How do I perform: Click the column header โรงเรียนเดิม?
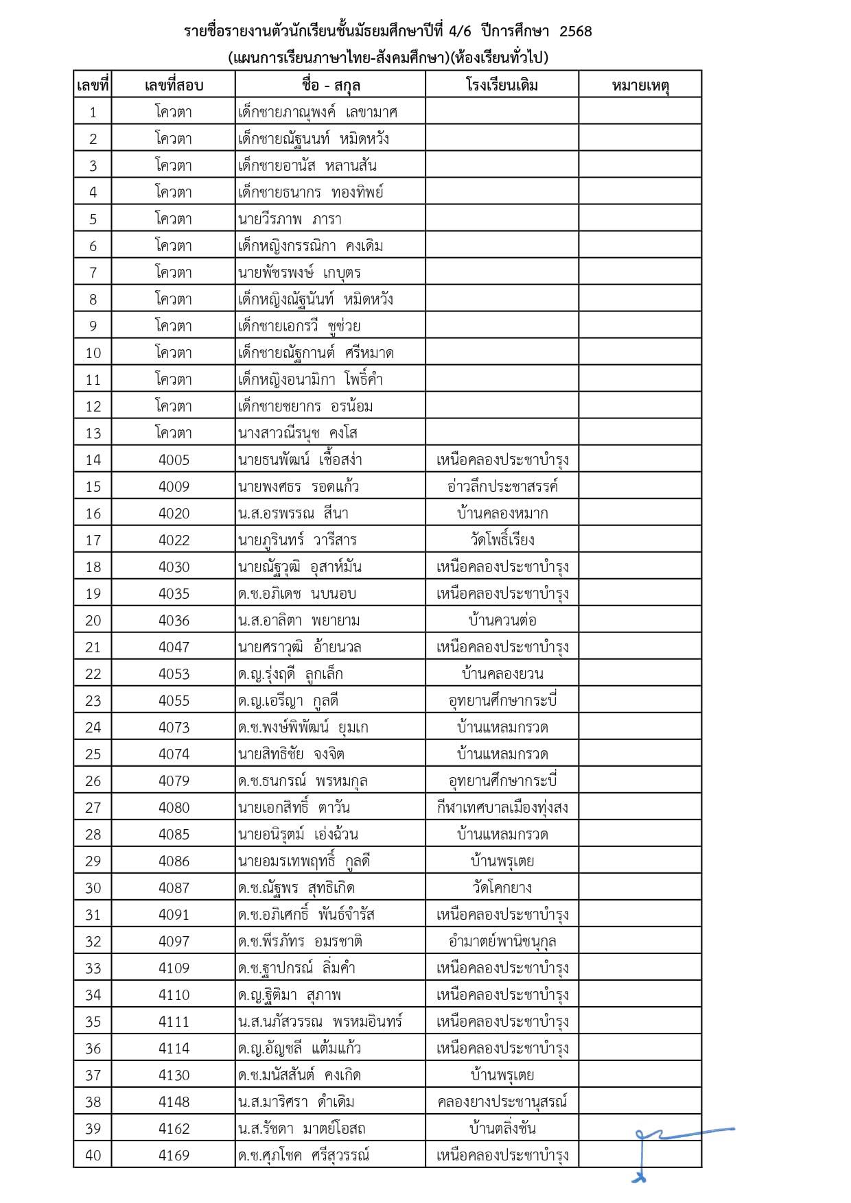click(502, 85)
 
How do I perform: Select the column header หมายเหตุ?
click(640, 85)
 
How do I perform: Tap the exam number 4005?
click(174, 460)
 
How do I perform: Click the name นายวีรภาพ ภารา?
click(290, 219)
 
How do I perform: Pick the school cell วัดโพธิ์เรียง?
click(502, 540)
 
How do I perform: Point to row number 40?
click(93, 1156)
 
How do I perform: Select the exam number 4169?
click(174, 1156)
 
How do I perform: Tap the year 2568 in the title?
click(575, 32)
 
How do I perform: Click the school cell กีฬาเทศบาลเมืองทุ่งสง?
click(502, 807)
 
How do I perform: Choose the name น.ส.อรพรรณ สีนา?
click(293, 513)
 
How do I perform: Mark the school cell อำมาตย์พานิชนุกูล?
click(502, 941)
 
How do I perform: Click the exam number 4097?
click(174, 941)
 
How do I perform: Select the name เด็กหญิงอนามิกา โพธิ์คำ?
click(310, 379)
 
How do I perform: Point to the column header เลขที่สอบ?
click(174, 85)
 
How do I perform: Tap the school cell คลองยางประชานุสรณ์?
click(502, 1101)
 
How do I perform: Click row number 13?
click(93, 433)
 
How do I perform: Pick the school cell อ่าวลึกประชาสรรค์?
click(502, 486)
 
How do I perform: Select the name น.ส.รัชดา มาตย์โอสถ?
click(302, 1128)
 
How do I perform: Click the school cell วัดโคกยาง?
click(502, 888)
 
